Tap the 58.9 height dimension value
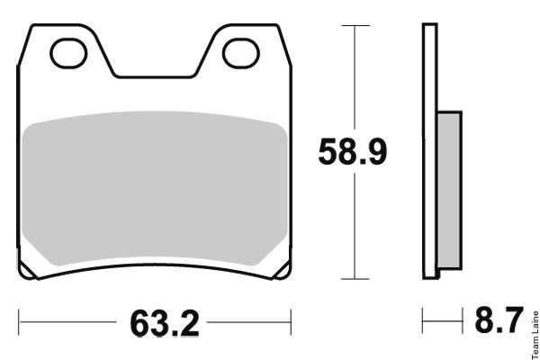(353, 151)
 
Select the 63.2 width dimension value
(165, 323)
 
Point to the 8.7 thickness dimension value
(499, 319)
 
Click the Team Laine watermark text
(535, 335)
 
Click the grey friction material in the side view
(449, 190)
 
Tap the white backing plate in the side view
(430, 151)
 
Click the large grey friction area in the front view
(154, 188)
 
